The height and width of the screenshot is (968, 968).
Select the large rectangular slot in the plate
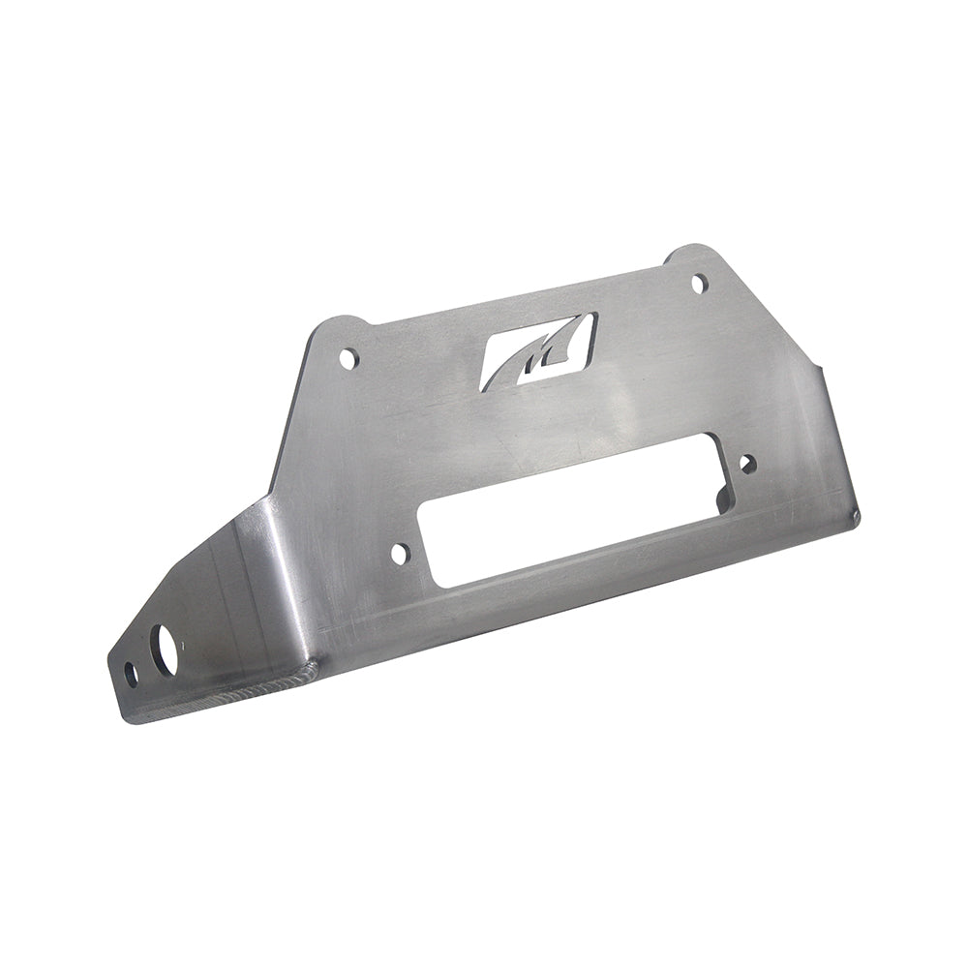571,523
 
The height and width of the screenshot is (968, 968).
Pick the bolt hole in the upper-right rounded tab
700,283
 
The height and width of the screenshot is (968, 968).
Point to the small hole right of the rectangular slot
747,464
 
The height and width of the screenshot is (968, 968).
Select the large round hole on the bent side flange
166,646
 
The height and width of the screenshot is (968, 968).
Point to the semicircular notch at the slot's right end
718,497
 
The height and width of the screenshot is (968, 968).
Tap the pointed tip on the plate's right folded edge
820,367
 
